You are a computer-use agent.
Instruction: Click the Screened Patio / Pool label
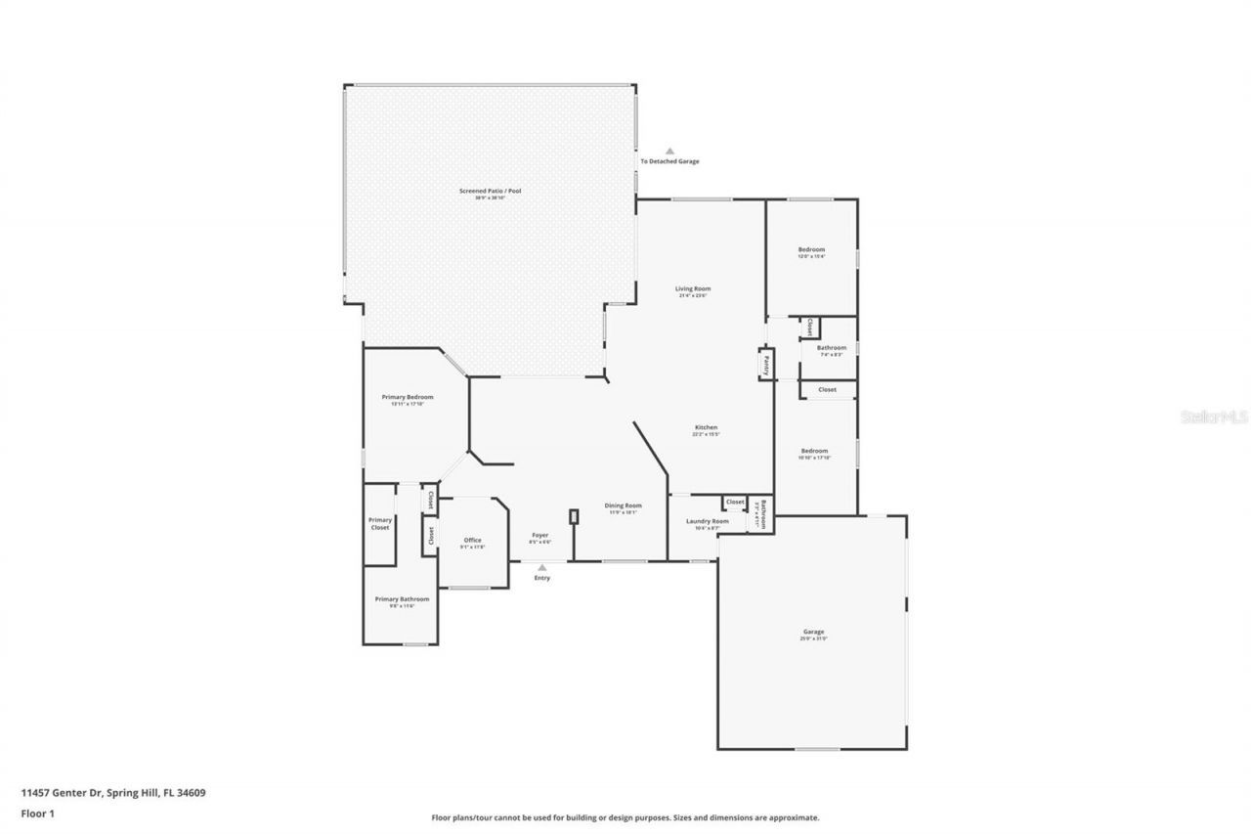[x=490, y=192]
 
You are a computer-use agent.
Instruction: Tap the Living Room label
[x=693, y=289]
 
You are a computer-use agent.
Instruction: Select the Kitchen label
[x=706, y=428]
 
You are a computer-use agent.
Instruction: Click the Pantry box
[x=766, y=364]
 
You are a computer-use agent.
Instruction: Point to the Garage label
[x=813, y=633]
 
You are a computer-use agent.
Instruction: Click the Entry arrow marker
[x=541, y=567]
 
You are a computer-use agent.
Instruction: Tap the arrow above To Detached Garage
[x=669, y=152]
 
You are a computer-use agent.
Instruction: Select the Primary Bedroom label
[x=407, y=398]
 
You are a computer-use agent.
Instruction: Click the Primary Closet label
[x=379, y=523]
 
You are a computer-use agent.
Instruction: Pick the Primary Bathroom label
[x=402, y=599]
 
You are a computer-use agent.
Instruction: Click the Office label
[x=472, y=541]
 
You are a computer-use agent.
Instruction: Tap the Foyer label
[x=539, y=536]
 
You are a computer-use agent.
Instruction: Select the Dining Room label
[x=623, y=506]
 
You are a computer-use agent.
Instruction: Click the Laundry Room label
[x=707, y=522]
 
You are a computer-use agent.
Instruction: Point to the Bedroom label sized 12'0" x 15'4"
[x=811, y=250]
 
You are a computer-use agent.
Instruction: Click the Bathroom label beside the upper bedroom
[x=831, y=348]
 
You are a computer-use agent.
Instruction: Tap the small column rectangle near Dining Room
[x=574, y=516]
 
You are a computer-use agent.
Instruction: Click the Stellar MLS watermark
[x=1214, y=417]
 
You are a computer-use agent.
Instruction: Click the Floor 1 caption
[x=37, y=812]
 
